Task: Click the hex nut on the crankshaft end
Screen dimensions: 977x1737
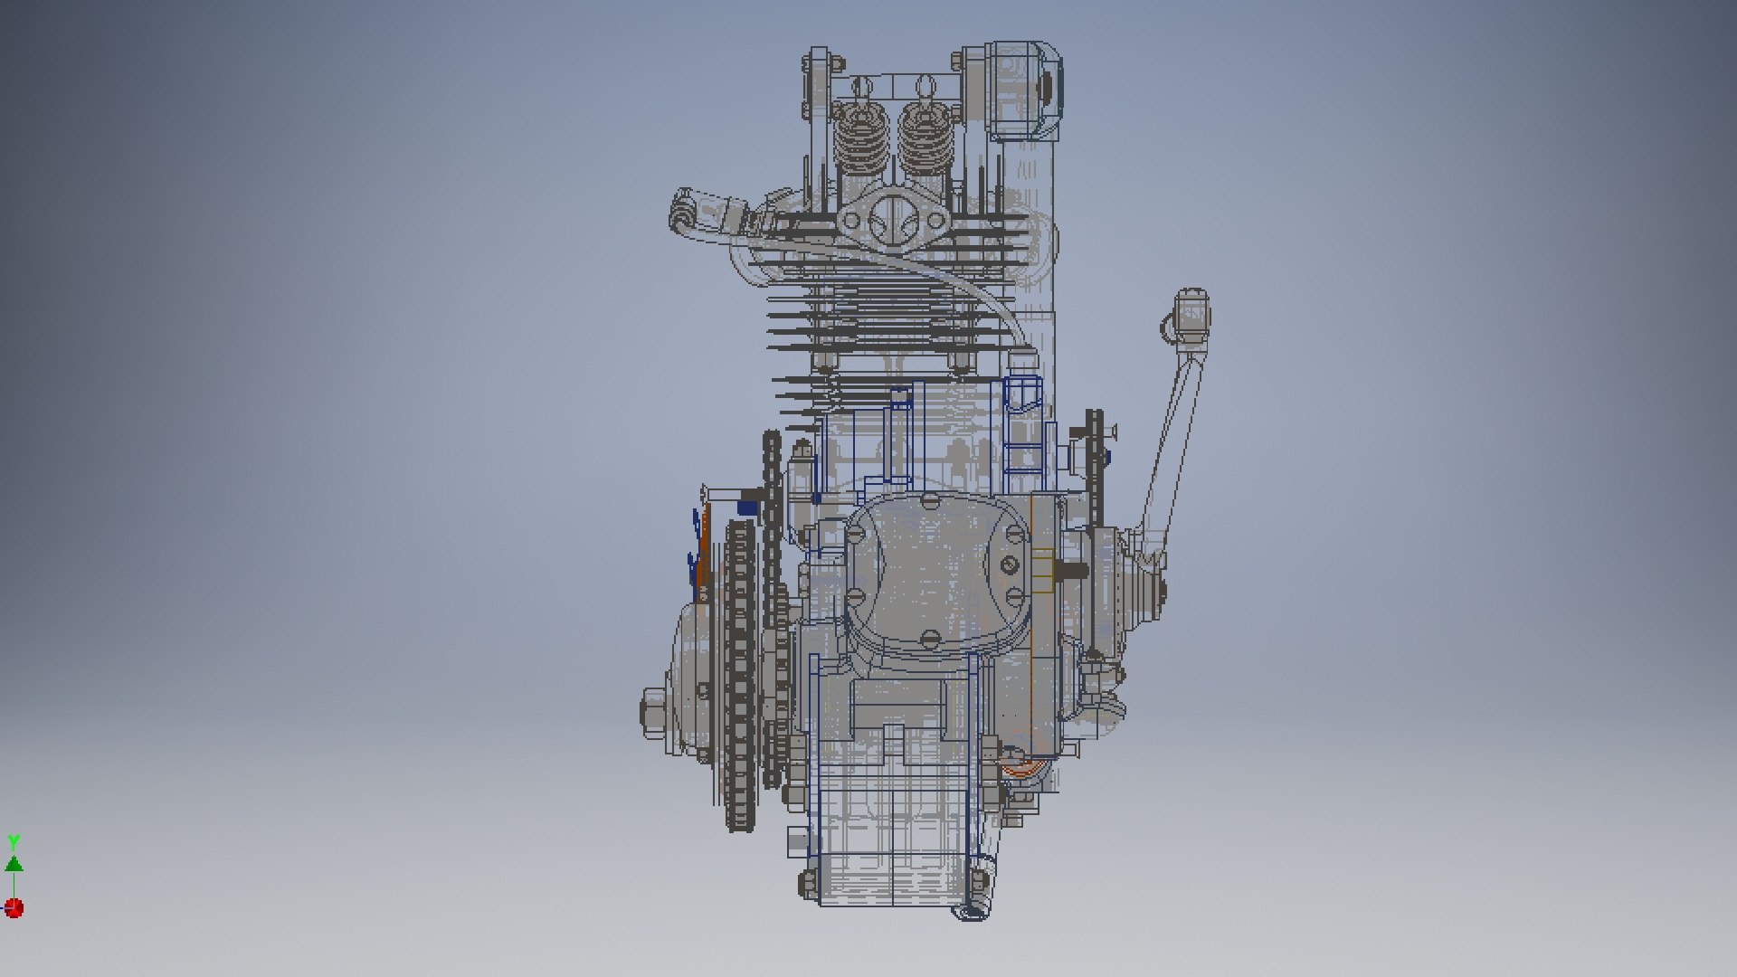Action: click(x=655, y=705)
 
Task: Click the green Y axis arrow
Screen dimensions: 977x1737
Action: click(x=14, y=861)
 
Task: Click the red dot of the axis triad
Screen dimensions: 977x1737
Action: click(x=14, y=907)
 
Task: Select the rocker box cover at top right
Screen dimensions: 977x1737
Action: click(x=1024, y=90)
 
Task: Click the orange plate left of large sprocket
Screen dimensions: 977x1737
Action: click(x=703, y=552)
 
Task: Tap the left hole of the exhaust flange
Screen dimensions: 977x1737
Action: click(x=853, y=219)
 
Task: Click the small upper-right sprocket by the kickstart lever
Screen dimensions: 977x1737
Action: click(x=1096, y=470)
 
